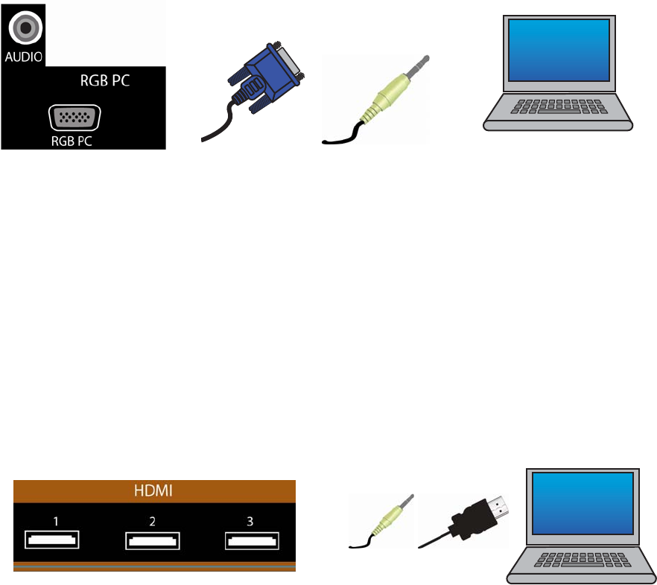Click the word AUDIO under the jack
pyautogui.click(x=24, y=56)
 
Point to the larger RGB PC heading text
pyautogui.click(x=105, y=82)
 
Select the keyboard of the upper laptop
pyautogui.click(x=557, y=106)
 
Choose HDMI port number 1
pyautogui.click(x=53, y=538)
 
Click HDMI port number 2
pyautogui.click(x=152, y=538)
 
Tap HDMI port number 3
pyautogui.click(x=252, y=538)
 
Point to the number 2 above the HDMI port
pyautogui.click(x=152, y=521)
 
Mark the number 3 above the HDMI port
pyautogui.click(x=252, y=521)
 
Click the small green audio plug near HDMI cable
pyautogui.click(x=389, y=520)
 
